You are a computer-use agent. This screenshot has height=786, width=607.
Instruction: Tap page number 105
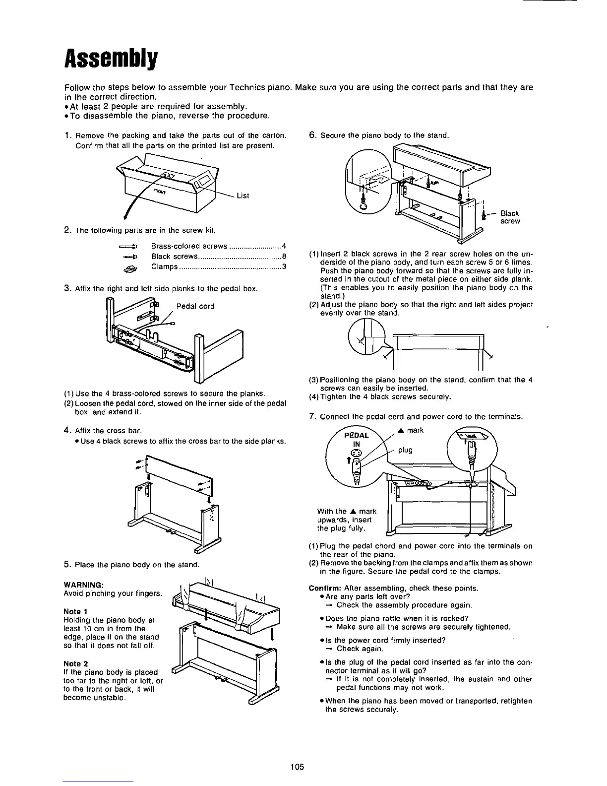[297, 767]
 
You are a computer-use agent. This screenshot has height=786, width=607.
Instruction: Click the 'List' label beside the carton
[243, 196]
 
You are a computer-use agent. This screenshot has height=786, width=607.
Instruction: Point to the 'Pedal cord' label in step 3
[195, 306]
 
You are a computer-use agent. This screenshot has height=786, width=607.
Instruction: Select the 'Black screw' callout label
[510, 217]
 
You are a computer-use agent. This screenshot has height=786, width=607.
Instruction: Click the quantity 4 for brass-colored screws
[283, 246]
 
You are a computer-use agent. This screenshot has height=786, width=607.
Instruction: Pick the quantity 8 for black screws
[283, 257]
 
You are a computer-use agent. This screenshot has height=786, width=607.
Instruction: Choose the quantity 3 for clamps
[283, 267]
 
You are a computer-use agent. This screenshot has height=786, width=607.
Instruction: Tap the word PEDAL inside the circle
[357, 435]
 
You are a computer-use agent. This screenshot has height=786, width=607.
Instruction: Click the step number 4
[67, 430]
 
